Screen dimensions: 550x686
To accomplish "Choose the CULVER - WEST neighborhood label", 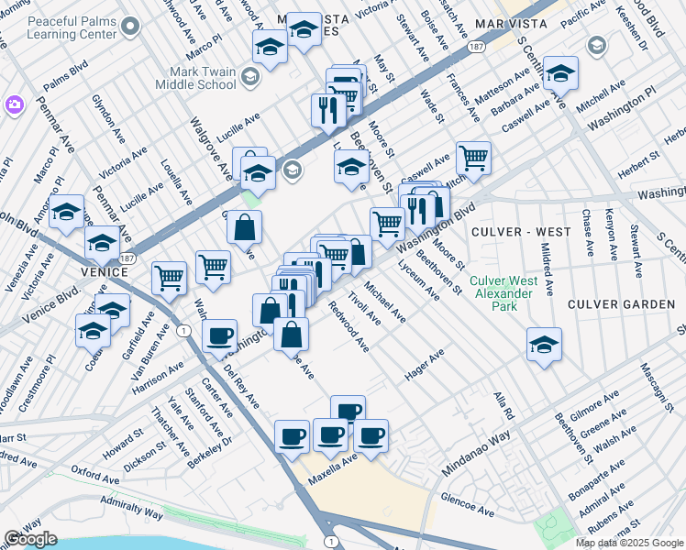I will tap(514, 232).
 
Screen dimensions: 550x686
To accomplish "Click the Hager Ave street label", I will tap(424, 365).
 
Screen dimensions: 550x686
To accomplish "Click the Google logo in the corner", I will tap(30, 539).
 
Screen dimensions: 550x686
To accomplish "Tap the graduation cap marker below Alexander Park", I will tap(544, 346).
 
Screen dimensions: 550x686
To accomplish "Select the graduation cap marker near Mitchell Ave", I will tap(560, 73).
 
